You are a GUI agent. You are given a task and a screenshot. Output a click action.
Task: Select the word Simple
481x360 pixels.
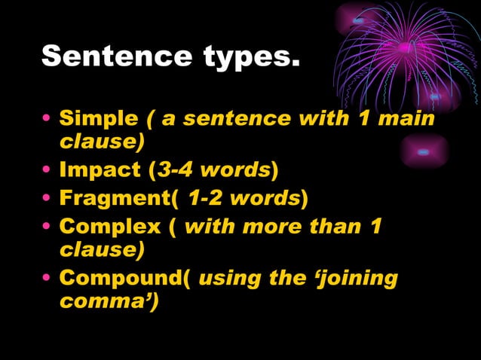[x=98, y=119]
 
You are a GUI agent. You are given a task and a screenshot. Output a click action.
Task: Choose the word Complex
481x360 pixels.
[x=109, y=227]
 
